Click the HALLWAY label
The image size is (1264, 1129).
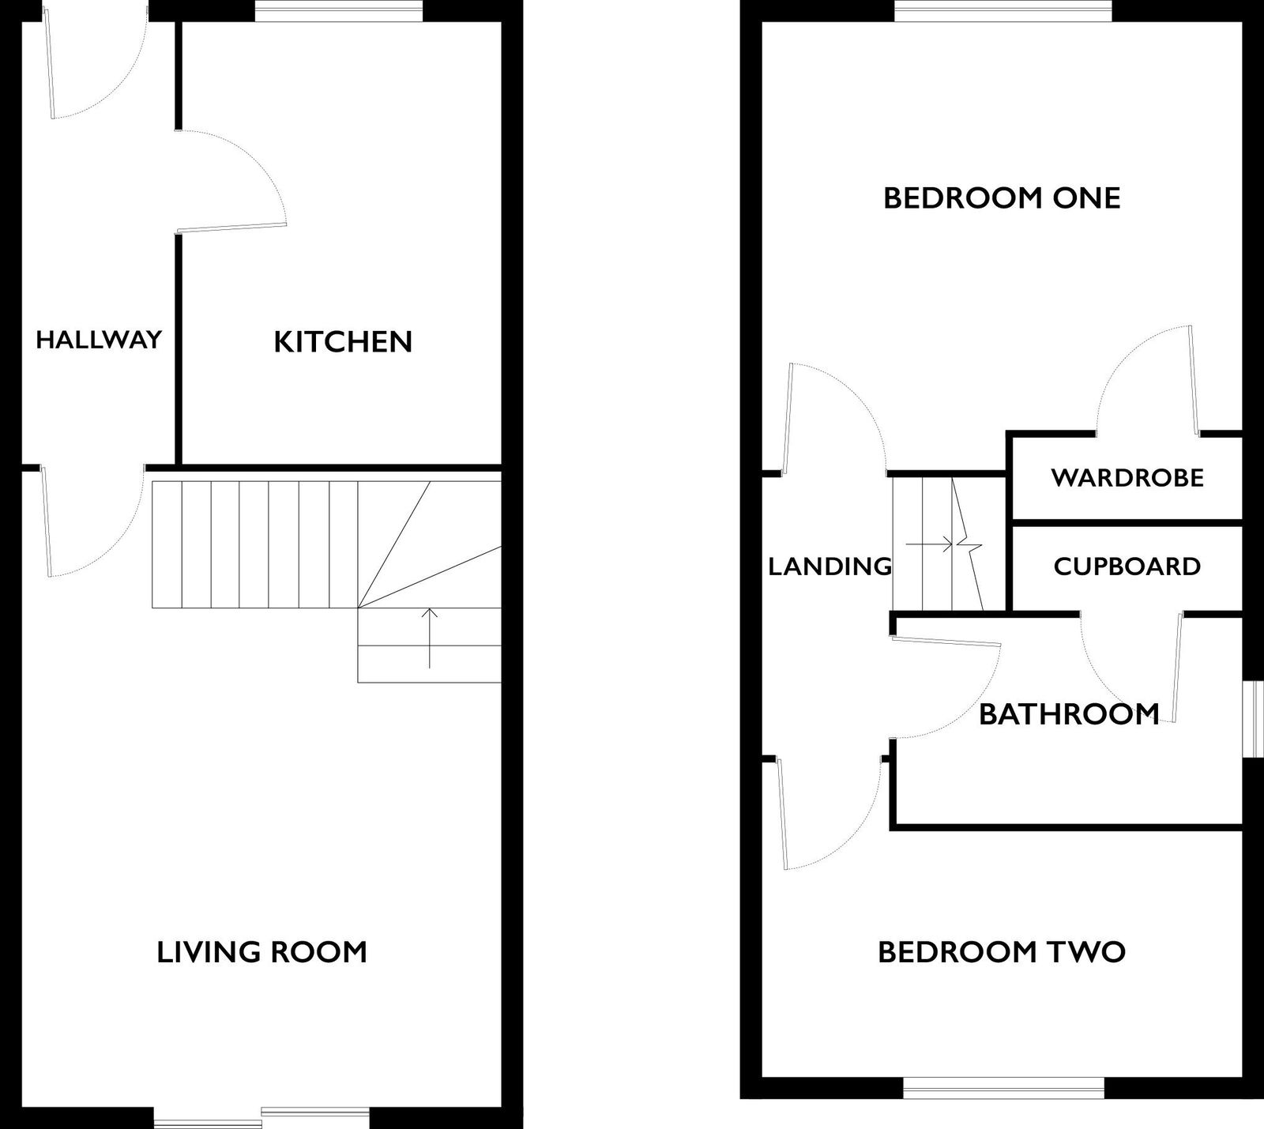click(99, 340)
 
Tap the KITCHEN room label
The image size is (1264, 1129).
click(343, 342)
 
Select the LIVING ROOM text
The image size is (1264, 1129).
click(262, 952)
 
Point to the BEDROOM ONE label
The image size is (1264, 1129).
click(1002, 198)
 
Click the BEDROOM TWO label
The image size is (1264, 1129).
click(1002, 952)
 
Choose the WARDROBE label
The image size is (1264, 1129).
click(1127, 477)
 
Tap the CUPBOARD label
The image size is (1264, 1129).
click(1127, 566)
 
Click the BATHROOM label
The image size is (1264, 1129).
click(1069, 714)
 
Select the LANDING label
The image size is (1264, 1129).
click(830, 566)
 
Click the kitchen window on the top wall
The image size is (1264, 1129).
click(339, 10)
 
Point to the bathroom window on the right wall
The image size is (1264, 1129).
click(1252, 719)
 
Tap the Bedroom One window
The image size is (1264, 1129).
click(1003, 10)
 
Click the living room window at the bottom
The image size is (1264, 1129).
click(261, 1117)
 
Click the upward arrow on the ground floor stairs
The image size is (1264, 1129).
click(429, 638)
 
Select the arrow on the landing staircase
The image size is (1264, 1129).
click(929, 544)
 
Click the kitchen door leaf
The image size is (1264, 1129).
click(231, 228)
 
